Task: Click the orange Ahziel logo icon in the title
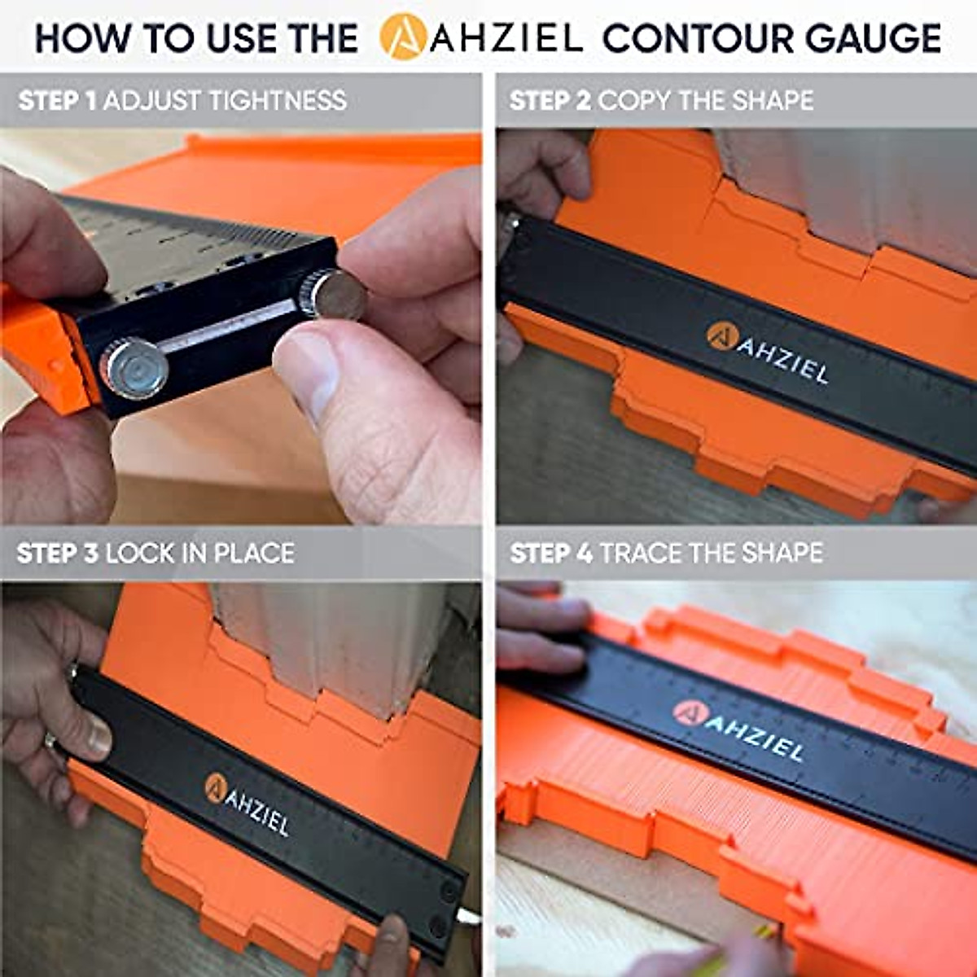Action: (x=402, y=37)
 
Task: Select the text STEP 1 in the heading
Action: (x=57, y=101)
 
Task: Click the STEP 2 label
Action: (x=550, y=101)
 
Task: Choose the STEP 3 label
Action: (x=57, y=554)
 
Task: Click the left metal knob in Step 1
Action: (x=134, y=367)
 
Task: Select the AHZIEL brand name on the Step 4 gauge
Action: (x=753, y=737)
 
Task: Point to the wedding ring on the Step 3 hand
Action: (x=50, y=740)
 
